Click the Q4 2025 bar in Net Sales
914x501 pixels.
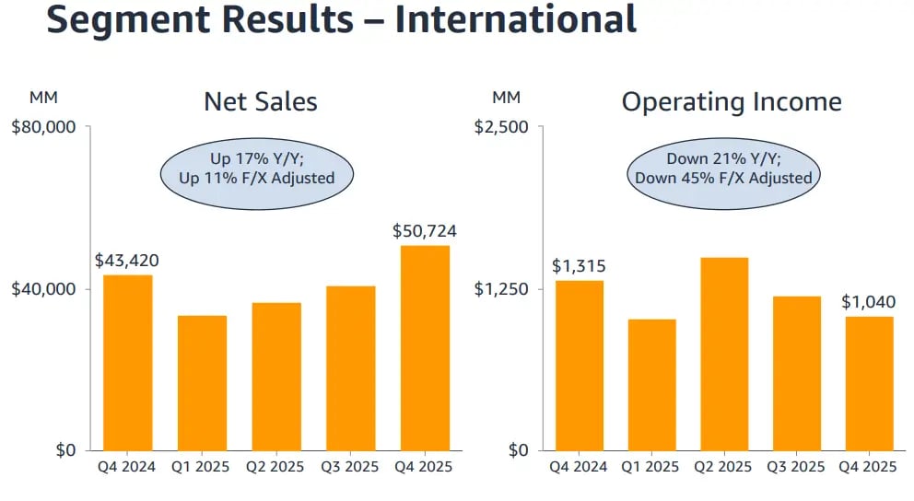425,348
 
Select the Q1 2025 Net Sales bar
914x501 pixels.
202,383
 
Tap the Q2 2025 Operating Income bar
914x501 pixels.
724,354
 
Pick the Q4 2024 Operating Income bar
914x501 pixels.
579,365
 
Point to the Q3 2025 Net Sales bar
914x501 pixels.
350,368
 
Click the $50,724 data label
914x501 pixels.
425,231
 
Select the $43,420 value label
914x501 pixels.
127,261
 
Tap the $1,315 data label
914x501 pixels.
578,266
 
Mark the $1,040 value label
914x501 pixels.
869,302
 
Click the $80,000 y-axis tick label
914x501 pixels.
42,127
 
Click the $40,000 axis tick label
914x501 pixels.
42,289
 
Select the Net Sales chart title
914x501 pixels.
261,101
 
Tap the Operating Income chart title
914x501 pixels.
732,101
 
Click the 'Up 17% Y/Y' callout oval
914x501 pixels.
257,169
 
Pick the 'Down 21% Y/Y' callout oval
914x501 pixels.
722,169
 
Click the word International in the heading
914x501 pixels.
516,20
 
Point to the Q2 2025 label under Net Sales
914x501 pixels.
275,467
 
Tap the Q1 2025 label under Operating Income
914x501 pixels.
651,467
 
